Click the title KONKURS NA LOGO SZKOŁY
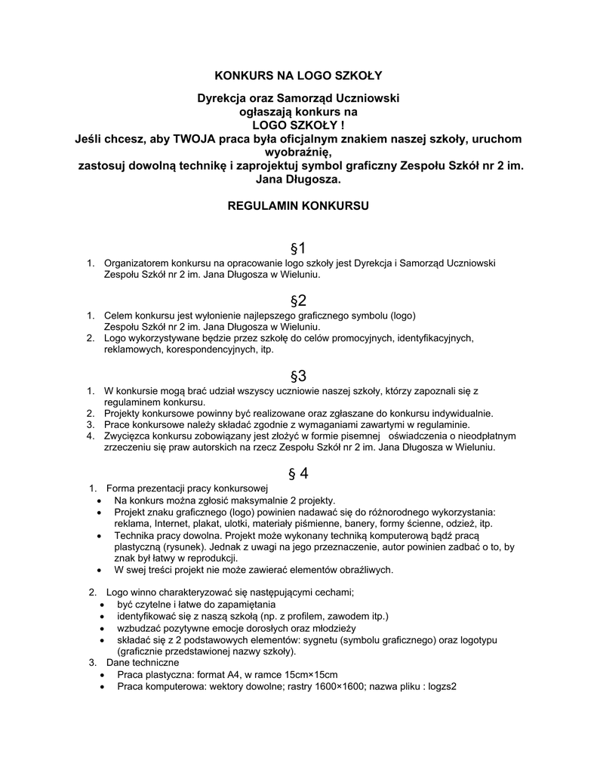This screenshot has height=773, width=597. [x=299, y=75]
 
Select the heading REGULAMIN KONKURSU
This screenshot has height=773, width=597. [x=298, y=205]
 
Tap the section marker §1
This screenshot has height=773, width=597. [x=298, y=248]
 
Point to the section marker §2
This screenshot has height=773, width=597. [x=298, y=300]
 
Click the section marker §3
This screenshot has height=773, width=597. [x=298, y=376]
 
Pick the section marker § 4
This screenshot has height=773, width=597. [x=298, y=473]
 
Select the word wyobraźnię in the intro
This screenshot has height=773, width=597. [x=298, y=152]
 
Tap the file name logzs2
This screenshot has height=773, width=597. [x=444, y=687]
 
